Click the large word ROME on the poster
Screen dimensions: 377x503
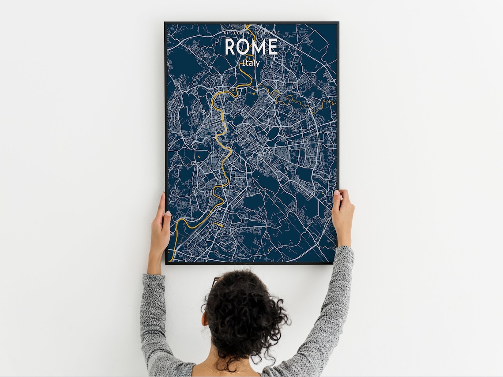point(251,47)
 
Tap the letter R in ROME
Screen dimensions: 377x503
point(231,47)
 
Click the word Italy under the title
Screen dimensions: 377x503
point(251,63)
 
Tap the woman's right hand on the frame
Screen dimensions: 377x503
point(343,212)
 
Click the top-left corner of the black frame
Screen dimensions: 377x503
point(165,22)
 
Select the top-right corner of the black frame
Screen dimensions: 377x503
point(338,22)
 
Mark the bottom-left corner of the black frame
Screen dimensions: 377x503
point(166,264)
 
